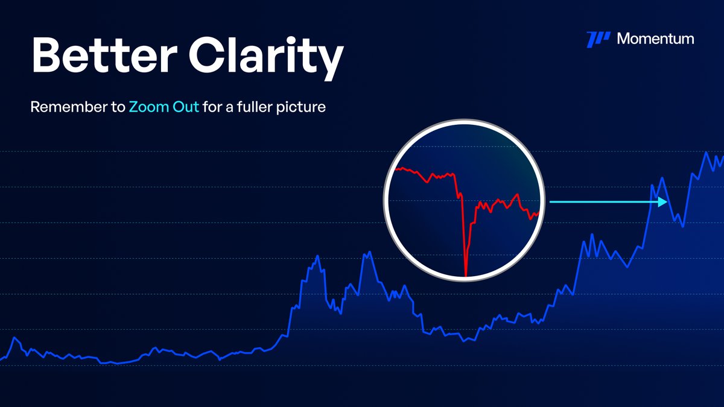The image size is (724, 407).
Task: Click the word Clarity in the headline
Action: click(x=266, y=55)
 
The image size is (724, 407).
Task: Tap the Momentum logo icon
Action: click(x=598, y=39)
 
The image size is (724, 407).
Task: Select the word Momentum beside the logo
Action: click(x=655, y=39)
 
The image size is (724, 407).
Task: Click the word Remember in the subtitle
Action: click(x=69, y=109)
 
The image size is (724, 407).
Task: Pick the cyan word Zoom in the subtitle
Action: click(x=147, y=109)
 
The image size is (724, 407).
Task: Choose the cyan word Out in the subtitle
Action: click(x=184, y=109)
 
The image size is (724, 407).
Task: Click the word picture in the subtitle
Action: click(x=305, y=109)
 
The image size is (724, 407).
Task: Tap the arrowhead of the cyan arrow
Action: click(x=664, y=203)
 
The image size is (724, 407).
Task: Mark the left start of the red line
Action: click(x=395, y=169)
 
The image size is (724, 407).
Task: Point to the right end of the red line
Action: click(x=538, y=213)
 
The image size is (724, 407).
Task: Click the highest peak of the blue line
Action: click(x=705, y=153)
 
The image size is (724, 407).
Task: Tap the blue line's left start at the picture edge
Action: click(x=1, y=359)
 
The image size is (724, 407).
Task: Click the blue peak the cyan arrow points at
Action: click(x=662, y=178)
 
